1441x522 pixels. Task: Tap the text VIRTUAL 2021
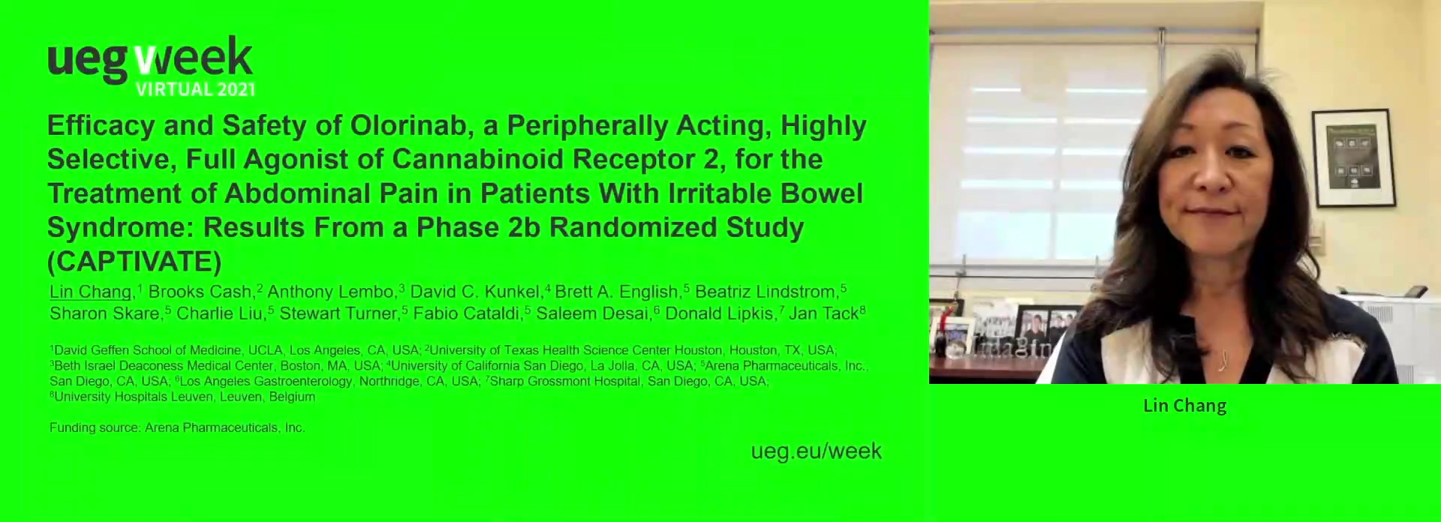pyautogui.click(x=195, y=89)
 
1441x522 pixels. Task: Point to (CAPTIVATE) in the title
pyautogui.click(x=134, y=261)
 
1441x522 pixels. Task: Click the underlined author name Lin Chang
pyautogui.click(x=90, y=292)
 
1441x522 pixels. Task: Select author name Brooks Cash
pyautogui.click(x=200, y=292)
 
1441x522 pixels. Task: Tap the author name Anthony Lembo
pyautogui.click(x=331, y=292)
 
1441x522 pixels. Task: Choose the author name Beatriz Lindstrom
pyautogui.click(x=766, y=292)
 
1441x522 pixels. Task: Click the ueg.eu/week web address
pyautogui.click(x=816, y=451)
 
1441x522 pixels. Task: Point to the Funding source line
pyautogui.click(x=177, y=427)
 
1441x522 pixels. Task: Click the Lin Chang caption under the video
pyautogui.click(x=1184, y=406)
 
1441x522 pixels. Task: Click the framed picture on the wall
pyautogui.click(x=1353, y=158)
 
